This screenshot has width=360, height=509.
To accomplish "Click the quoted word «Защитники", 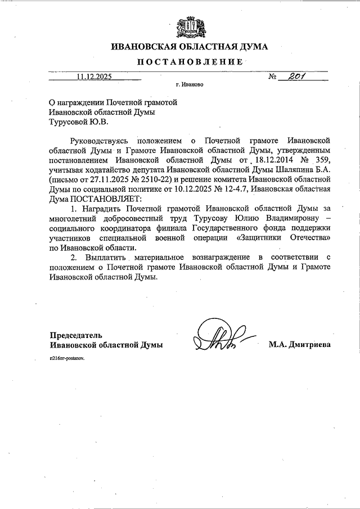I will point(267,238).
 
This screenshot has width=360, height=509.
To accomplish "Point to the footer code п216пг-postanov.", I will point(66,358).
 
